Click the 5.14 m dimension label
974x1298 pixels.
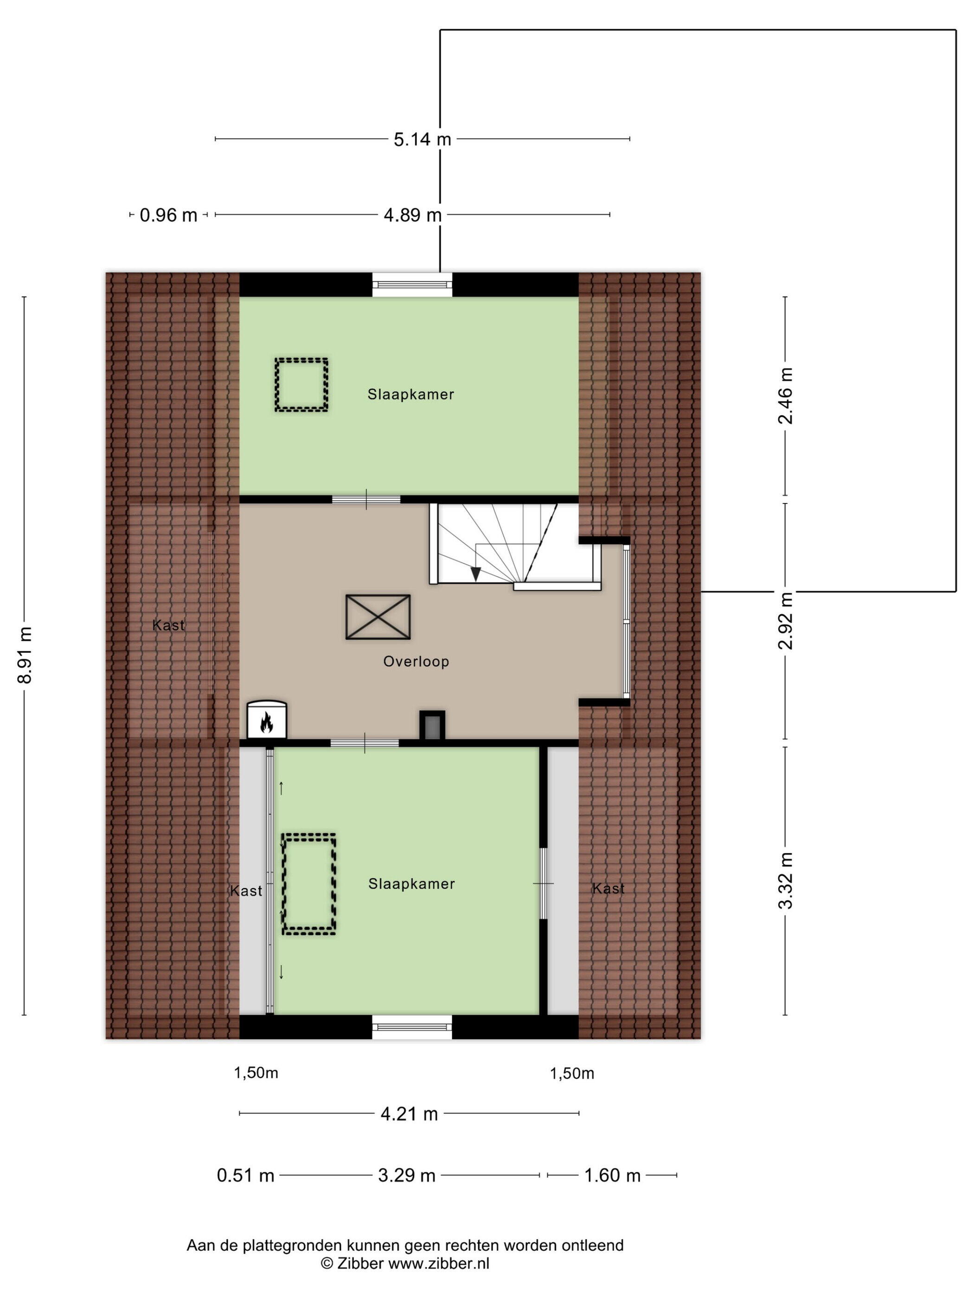point(422,139)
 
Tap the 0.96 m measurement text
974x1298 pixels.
point(168,216)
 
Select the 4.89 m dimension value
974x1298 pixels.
point(412,216)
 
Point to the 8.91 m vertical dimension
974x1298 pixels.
point(25,655)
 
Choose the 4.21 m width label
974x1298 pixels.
point(409,1113)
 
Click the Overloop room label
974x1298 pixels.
point(416,662)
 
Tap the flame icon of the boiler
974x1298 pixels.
point(267,723)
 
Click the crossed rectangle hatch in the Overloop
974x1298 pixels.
point(378,617)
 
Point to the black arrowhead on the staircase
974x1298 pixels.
point(475,574)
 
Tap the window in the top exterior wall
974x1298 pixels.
point(412,285)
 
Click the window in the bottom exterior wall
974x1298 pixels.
point(412,1027)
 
